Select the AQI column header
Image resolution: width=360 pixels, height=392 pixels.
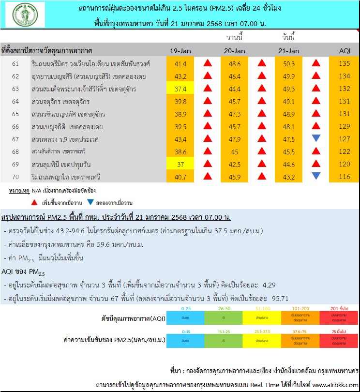coord(344,51)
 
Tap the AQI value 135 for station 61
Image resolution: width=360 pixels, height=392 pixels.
coord(344,63)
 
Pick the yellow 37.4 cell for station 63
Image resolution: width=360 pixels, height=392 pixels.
coord(180,89)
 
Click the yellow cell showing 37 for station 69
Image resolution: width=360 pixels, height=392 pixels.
coord(180,164)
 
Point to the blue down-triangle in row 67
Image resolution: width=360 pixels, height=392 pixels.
coord(316,139)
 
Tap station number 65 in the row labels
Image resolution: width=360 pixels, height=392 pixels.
coord(15,114)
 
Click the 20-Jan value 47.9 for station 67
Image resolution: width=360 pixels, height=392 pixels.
coord(235,139)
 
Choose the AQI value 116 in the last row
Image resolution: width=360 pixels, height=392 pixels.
coord(344,177)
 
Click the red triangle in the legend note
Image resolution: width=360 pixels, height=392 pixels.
coord(35,202)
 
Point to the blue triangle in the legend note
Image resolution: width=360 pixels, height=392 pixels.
coord(90,202)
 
